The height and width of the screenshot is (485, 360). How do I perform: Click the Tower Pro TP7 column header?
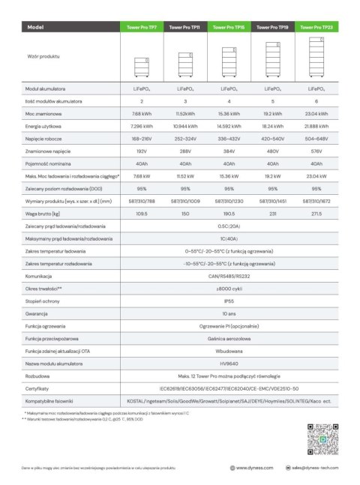[142, 27]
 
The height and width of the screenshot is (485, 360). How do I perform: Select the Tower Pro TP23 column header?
[316, 27]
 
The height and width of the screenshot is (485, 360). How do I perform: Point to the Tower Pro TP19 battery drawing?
[272, 60]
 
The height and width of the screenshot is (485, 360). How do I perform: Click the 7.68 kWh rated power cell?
[142, 113]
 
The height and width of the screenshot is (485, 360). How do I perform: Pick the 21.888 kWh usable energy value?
[316, 126]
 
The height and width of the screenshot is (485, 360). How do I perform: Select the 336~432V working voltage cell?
[229, 139]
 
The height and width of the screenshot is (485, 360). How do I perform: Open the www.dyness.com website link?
[251, 468]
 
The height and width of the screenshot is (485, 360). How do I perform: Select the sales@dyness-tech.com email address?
[309, 468]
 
